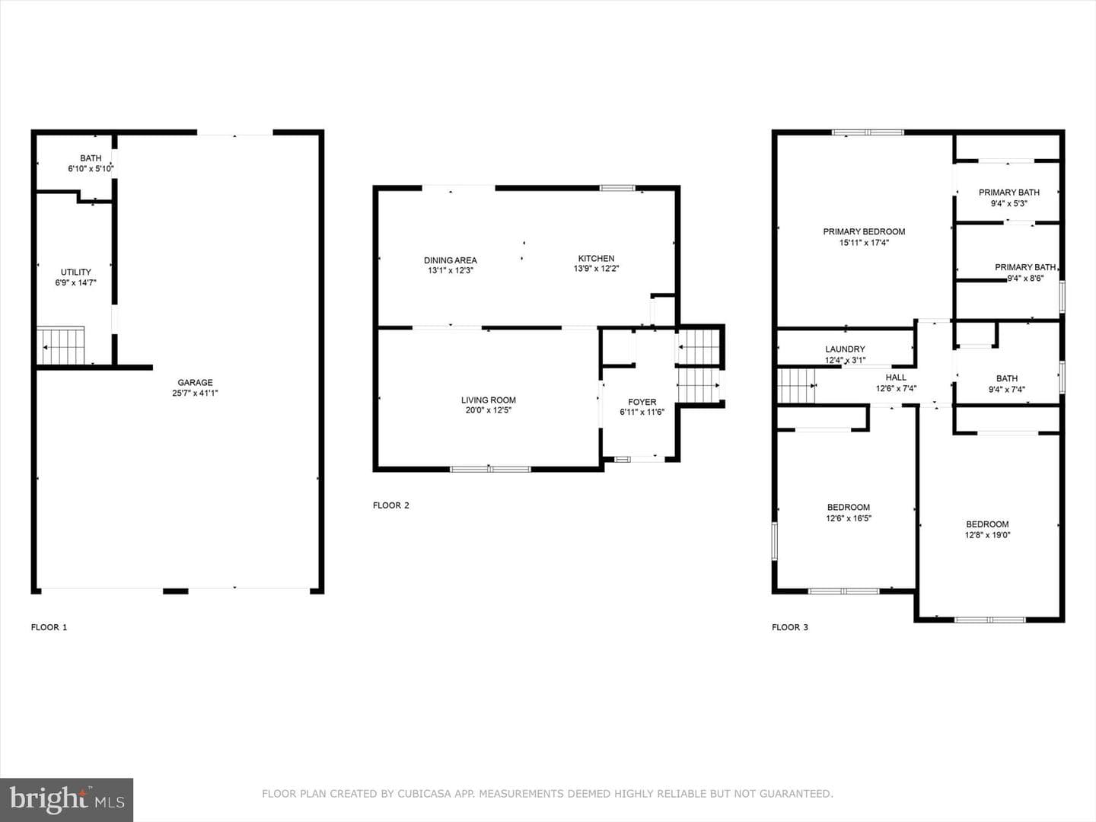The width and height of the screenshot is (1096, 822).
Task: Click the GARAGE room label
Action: pyautogui.click(x=196, y=382)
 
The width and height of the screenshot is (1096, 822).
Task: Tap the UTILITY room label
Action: pyautogui.click(x=76, y=272)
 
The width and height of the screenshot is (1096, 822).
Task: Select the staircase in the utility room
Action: pyautogui.click(x=60, y=346)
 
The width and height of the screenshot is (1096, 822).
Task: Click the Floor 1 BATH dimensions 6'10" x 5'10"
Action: pyautogui.click(x=91, y=169)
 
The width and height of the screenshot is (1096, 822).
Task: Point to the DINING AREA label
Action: pyautogui.click(x=451, y=260)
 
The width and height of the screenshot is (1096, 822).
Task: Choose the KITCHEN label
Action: pyautogui.click(x=596, y=258)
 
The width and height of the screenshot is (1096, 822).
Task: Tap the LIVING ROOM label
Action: pyautogui.click(x=489, y=400)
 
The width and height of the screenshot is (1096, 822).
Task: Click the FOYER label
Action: pyautogui.click(x=642, y=402)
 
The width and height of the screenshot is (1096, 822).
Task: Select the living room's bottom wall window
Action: pyautogui.click(x=490, y=469)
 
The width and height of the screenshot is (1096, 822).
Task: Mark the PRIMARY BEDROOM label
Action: pyautogui.click(x=864, y=231)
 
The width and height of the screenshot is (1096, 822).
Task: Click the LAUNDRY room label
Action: pyautogui.click(x=845, y=349)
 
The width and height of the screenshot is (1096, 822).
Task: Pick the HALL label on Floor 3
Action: pyautogui.click(x=896, y=378)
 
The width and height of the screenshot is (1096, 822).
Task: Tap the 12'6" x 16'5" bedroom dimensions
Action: pyautogui.click(x=849, y=518)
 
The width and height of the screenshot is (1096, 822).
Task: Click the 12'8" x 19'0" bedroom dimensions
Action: pyautogui.click(x=987, y=535)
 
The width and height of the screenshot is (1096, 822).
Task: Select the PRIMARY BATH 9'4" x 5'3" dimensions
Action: pyautogui.click(x=1008, y=203)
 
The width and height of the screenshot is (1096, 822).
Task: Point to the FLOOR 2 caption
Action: pyautogui.click(x=391, y=505)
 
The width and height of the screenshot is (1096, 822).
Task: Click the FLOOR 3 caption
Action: pyautogui.click(x=790, y=627)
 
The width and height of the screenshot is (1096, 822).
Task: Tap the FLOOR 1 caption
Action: pyautogui.click(x=49, y=627)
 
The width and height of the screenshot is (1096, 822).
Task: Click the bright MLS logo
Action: pyautogui.click(x=66, y=800)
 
